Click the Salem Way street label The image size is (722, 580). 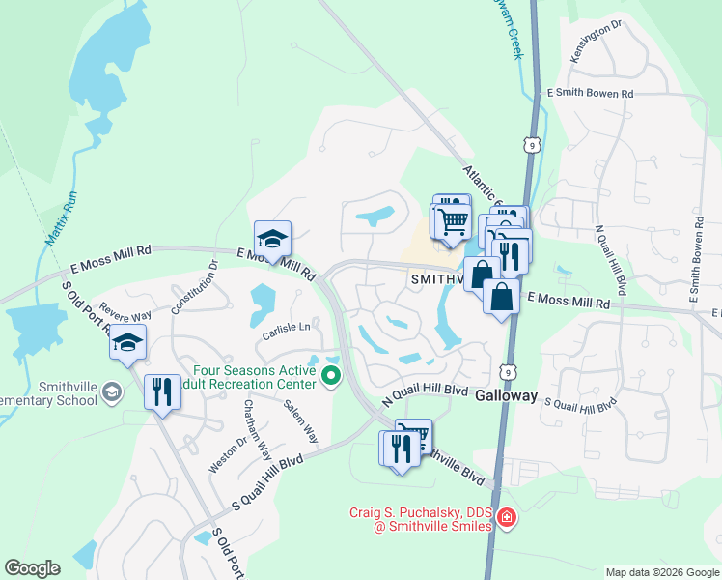pos(300,422)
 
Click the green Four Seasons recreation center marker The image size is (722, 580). pos(331,374)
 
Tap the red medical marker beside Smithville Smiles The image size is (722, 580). pos(505,521)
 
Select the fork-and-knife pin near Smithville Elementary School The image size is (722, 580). pos(161,391)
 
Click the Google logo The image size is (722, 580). pos(32,568)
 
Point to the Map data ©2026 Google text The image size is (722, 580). pos(661,572)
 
